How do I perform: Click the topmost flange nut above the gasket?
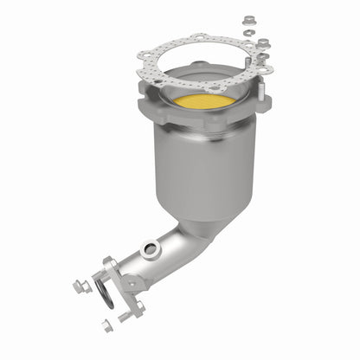(x=248, y=18)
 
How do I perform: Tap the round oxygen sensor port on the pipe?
(x=152, y=250)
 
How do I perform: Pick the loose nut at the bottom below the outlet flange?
(x=106, y=326)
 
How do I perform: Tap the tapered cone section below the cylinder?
(x=201, y=216)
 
